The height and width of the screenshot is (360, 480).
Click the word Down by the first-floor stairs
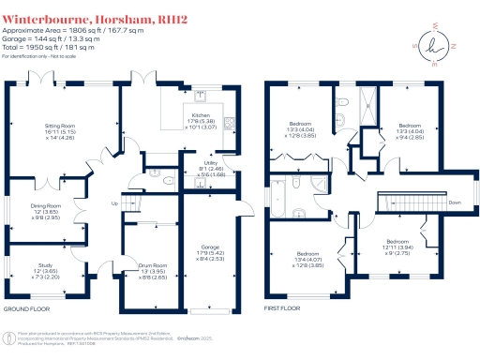pyautogui.click(x=455, y=202)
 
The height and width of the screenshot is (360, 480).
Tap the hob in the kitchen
pyautogui.click(x=228, y=120)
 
